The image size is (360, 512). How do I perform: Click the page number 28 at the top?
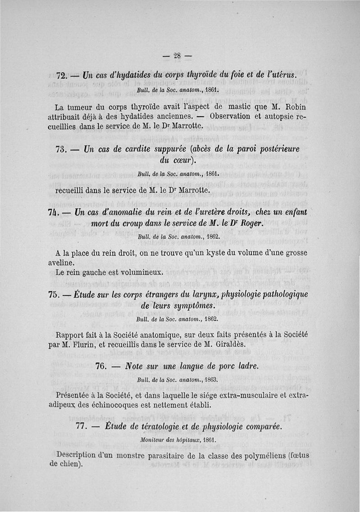pos(177,56)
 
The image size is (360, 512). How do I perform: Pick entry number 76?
pos(102,367)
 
